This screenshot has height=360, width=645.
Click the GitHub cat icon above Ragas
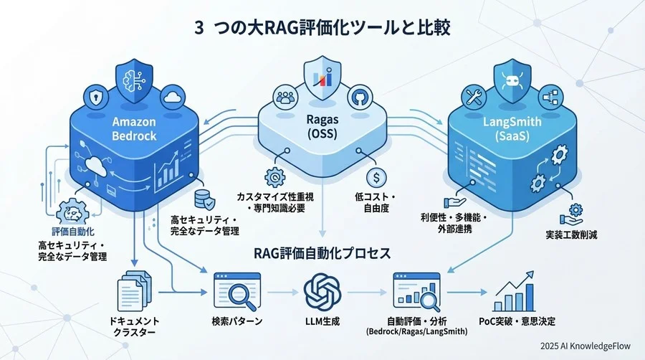(x=358, y=98)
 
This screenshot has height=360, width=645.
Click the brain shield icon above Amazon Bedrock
(x=135, y=75)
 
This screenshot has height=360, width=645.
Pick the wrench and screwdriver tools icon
(x=474, y=97)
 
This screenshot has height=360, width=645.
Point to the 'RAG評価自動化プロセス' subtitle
(x=322, y=253)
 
